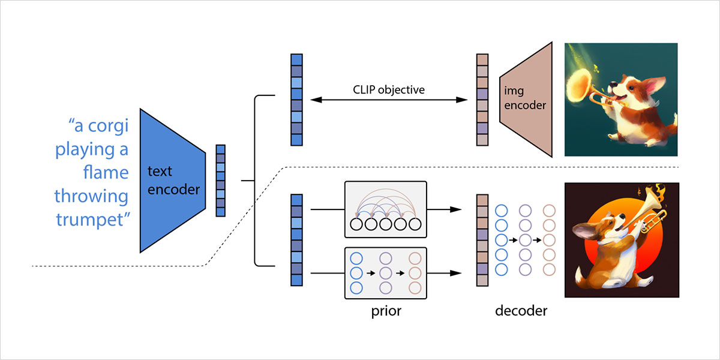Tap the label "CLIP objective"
(389, 90)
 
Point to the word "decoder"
(521, 312)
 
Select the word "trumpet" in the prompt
(93, 220)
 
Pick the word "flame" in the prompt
(107, 173)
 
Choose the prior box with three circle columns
(385, 274)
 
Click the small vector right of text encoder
(220, 180)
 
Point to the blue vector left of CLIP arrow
(296, 100)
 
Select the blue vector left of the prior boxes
(296, 240)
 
